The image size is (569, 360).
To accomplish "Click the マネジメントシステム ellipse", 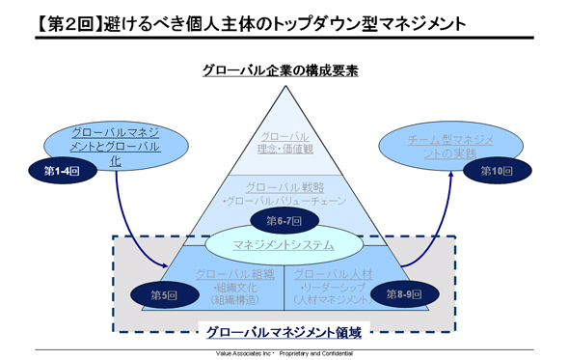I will point(284,246).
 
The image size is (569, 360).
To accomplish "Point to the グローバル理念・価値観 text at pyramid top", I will point(283,143).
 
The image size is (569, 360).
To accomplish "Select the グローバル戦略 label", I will point(284,186).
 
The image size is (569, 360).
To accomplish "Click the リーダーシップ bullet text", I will point(333,288).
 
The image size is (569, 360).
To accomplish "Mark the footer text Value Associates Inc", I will point(241,353).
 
